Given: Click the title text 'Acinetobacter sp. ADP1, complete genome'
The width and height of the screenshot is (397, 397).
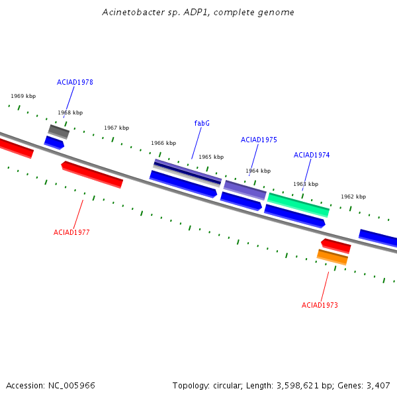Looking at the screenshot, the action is [x=198, y=13].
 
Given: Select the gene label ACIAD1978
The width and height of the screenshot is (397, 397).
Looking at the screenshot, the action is [x=75, y=82].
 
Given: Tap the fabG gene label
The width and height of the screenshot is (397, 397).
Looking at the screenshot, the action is [x=202, y=123].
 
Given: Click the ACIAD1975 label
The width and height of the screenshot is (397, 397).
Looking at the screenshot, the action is [x=259, y=140].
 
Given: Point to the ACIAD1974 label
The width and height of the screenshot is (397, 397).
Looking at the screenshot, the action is [x=312, y=155].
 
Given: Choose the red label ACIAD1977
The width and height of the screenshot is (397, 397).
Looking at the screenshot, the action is [x=71, y=232].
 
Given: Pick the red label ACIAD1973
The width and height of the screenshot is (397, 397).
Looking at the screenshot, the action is [x=320, y=305].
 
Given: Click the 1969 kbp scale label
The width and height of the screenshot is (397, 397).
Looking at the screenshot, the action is [x=23, y=96].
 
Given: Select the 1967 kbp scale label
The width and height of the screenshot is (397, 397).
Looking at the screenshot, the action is [x=116, y=128].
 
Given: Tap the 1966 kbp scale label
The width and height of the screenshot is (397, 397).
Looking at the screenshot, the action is [x=163, y=143].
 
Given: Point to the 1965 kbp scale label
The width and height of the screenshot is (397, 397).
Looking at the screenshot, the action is [x=211, y=157].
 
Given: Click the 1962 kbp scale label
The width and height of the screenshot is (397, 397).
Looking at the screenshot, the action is [x=353, y=197].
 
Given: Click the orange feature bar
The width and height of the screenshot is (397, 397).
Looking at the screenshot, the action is [x=332, y=257].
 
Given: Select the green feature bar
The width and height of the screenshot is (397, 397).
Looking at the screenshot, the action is [x=298, y=205].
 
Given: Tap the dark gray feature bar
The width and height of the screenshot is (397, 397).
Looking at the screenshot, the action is [x=59, y=132].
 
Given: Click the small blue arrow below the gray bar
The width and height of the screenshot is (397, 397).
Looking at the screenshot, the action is [x=54, y=143].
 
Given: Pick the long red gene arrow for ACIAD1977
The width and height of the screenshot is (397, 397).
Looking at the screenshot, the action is [x=92, y=175].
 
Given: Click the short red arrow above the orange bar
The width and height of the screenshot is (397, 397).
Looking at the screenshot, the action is [x=336, y=246].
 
